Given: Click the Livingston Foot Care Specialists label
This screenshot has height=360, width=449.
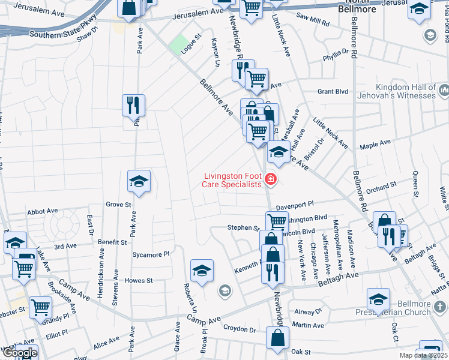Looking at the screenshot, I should click(x=233, y=180).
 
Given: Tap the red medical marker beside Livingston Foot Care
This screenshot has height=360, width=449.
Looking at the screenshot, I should click(x=270, y=179).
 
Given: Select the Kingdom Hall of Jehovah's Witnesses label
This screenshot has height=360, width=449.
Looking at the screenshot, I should click(x=405, y=91).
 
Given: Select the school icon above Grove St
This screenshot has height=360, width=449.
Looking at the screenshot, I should click(x=139, y=181).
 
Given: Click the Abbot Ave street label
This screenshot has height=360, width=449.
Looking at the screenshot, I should click(x=42, y=211).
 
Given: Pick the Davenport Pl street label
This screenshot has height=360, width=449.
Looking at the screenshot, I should click(x=295, y=205).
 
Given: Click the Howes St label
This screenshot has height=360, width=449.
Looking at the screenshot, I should click(x=139, y=280).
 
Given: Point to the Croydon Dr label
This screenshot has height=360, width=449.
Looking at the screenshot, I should click(x=240, y=329).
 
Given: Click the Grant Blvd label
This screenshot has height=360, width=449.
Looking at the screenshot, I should click(x=333, y=92).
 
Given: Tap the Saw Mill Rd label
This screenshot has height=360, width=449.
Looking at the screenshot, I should click(x=313, y=22).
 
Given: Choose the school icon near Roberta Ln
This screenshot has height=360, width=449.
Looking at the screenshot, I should click(x=202, y=270).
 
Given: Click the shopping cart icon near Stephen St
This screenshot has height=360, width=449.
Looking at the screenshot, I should click(x=277, y=221).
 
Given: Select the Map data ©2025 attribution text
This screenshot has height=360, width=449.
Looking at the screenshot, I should click(x=423, y=355).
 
